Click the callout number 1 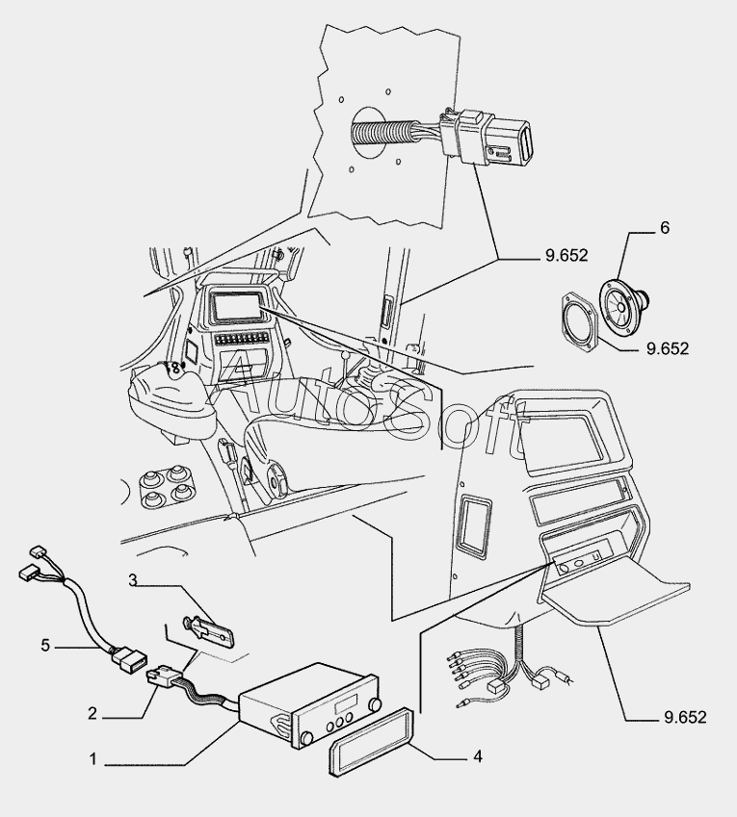(x=93, y=759)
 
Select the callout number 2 (x=92, y=714)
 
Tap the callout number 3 (x=135, y=579)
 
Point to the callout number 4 (x=477, y=756)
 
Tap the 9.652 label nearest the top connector (x=565, y=256)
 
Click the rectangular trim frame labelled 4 (x=374, y=750)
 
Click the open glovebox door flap (x=617, y=593)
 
